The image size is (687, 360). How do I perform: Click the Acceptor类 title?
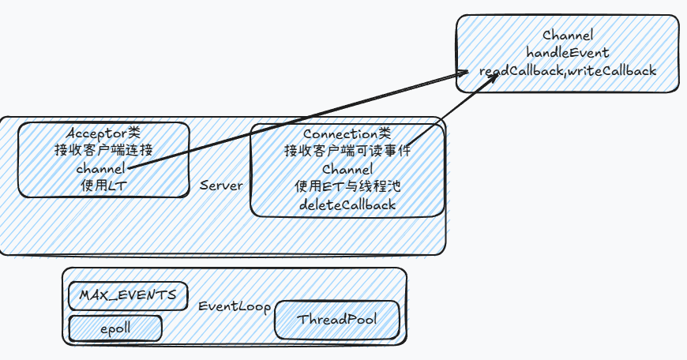coord(104,133)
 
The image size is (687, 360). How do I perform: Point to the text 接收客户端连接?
coord(104,150)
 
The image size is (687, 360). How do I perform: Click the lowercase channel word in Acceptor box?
coord(100,168)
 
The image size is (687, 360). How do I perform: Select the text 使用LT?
coord(104,186)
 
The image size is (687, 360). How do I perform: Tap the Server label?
coord(221,186)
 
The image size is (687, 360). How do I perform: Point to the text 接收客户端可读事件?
coord(347,151)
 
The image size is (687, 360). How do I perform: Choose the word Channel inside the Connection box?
coord(347,169)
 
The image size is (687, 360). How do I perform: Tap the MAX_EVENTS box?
coord(128,296)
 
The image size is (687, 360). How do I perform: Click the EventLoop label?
coord(234,306)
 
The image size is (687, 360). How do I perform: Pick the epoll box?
coord(115,327)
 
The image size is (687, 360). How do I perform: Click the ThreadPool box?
coord(337,320)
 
